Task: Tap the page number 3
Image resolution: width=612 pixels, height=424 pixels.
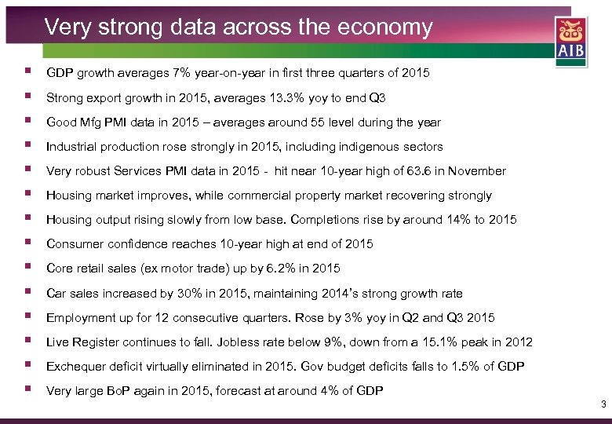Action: click(603, 404)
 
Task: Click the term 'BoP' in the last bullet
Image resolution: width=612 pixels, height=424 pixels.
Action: click(117, 390)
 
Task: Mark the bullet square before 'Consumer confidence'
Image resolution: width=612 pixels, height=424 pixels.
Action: click(28, 244)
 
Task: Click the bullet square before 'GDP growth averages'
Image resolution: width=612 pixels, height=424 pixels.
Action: click(28, 73)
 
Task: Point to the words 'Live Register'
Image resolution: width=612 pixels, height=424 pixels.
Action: click(80, 342)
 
